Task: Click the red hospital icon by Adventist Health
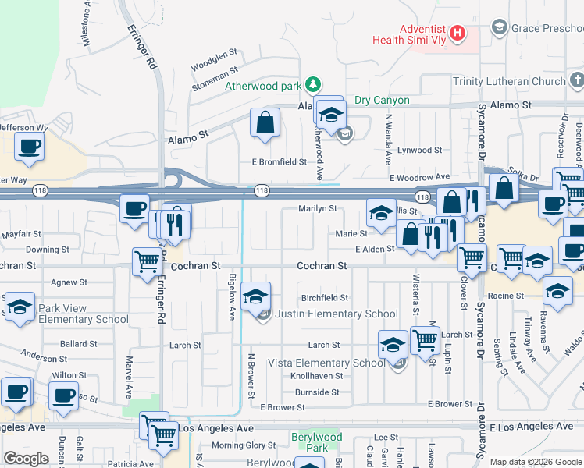458,34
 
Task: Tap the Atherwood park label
263,86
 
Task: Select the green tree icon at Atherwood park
312,83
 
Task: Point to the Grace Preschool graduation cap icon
499,28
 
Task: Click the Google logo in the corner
26,459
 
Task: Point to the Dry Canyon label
382,100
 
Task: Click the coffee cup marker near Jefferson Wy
29,147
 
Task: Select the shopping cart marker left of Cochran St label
146,262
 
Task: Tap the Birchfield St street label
325,298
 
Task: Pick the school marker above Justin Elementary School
255,296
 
